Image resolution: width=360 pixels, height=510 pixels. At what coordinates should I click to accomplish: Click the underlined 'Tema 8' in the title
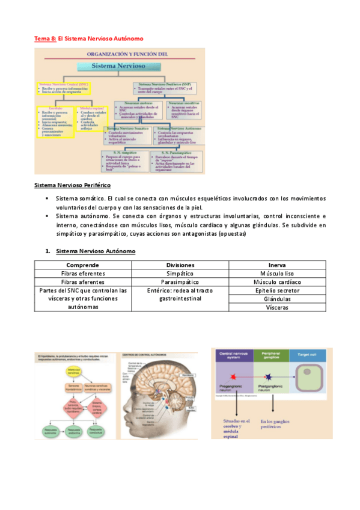[44, 38]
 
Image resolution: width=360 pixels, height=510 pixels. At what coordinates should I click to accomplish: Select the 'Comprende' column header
[82, 265]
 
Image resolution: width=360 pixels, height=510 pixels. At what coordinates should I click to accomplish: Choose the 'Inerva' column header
[278, 265]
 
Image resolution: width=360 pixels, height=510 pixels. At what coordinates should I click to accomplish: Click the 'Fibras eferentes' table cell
[82, 273]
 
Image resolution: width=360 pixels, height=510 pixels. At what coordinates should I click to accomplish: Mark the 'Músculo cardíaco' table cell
[278, 281]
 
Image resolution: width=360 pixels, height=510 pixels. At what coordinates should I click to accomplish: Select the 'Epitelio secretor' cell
[278, 290]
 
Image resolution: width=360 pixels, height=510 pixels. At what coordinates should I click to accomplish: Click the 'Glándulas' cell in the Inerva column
[278, 299]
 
